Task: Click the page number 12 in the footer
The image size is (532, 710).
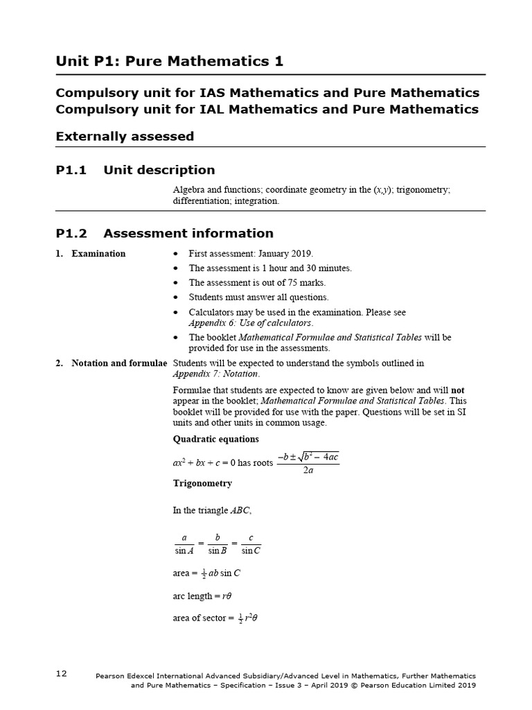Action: click(x=62, y=673)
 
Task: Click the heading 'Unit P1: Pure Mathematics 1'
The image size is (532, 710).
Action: click(x=170, y=62)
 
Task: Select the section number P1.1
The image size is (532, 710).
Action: click(x=71, y=170)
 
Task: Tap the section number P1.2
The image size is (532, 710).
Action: click(x=71, y=233)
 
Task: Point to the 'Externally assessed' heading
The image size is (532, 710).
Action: click(x=125, y=137)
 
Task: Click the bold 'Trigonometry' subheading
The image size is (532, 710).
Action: click(x=202, y=483)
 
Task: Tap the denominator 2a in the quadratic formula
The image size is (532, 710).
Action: click(x=308, y=469)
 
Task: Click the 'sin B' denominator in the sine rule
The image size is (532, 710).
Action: click(x=218, y=551)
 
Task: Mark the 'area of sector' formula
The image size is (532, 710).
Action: click(x=209, y=618)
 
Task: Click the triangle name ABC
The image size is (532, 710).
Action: click(x=240, y=510)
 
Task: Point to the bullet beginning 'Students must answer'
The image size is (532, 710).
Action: click(x=259, y=297)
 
